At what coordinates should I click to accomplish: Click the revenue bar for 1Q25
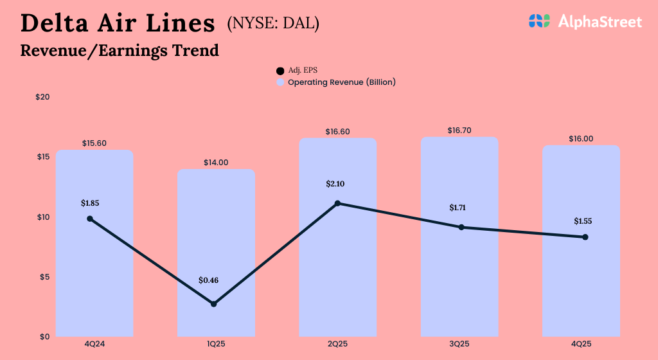pyautogui.click(x=216, y=257)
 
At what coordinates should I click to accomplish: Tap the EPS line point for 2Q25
pyautogui.click(x=338, y=204)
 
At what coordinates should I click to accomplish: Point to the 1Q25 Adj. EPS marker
pyautogui.click(x=214, y=303)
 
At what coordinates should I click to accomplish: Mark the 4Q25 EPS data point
pyautogui.click(x=585, y=237)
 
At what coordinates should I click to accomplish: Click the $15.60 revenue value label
pyautogui.click(x=94, y=143)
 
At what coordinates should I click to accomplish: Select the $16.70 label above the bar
pyautogui.click(x=459, y=130)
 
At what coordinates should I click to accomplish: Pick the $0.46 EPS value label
pyautogui.click(x=208, y=280)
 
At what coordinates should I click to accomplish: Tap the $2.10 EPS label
pyautogui.click(x=336, y=184)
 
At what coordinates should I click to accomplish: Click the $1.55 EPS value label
pyautogui.click(x=583, y=221)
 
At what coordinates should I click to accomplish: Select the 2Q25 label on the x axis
pyautogui.click(x=337, y=345)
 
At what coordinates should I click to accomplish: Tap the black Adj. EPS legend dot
pyautogui.click(x=280, y=71)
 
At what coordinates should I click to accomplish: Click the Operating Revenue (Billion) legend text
pyautogui.click(x=341, y=82)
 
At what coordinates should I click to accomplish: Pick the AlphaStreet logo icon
pyautogui.click(x=539, y=21)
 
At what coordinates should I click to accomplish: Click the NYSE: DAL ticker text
pyautogui.click(x=273, y=23)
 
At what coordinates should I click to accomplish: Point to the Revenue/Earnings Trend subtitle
pyautogui.click(x=120, y=50)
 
